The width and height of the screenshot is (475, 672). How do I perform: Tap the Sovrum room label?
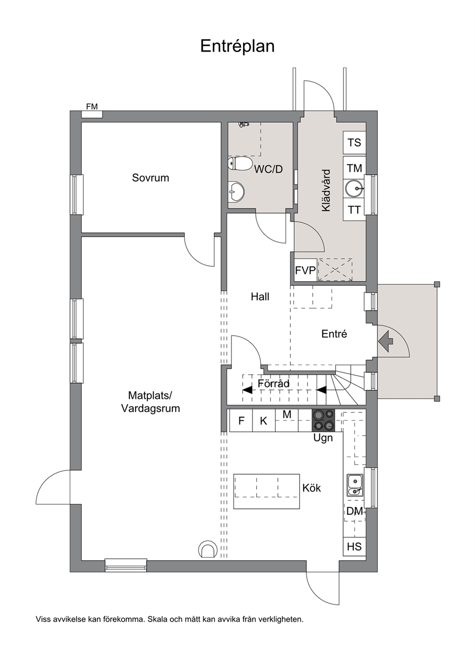(x=150, y=178)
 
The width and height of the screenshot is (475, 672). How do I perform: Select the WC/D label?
(x=269, y=170)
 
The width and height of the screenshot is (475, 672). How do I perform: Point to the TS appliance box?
(x=354, y=143)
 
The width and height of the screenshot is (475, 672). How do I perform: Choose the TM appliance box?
(x=354, y=168)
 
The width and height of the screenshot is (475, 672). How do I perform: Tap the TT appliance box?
(x=354, y=210)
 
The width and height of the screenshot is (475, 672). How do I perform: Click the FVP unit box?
(x=305, y=270)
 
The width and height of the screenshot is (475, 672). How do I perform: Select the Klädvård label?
(x=326, y=191)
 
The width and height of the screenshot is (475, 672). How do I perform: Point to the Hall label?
(x=260, y=296)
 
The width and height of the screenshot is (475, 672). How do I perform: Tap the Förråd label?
(x=273, y=383)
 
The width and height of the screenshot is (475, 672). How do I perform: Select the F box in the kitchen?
(x=241, y=421)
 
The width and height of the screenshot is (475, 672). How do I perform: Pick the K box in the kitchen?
(x=264, y=421)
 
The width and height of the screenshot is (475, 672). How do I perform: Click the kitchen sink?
(x=355, y=485)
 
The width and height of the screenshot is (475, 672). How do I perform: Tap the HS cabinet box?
(x=354, y=547)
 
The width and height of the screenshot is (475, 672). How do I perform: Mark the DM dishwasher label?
(x=354, y=511)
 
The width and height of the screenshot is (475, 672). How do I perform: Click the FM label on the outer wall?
(x=92, y=106)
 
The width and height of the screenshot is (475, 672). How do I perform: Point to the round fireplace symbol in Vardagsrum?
(x=207, y=549)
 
